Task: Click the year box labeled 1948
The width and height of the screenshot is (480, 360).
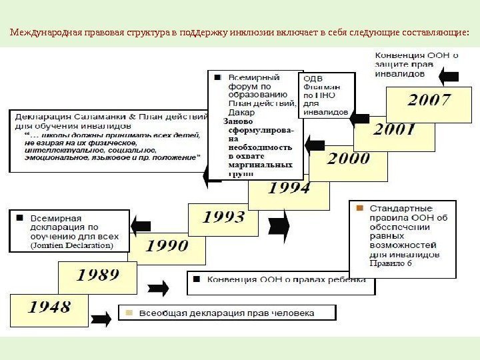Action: coord(49,308)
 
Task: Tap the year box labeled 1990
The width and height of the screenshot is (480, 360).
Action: coord(167,246)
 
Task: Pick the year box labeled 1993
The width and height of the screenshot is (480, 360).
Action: coord(223,217)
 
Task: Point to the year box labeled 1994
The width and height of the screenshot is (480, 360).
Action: coord(289,189)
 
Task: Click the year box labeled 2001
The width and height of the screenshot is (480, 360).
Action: coord(393,129)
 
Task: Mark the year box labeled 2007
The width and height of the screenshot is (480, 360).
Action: coord(429,102)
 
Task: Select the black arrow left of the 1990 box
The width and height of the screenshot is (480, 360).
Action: coord(140,225)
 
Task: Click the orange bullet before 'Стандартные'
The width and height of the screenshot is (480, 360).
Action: coord(359,208)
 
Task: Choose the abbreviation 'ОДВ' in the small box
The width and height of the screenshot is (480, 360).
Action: coord(313,78)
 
